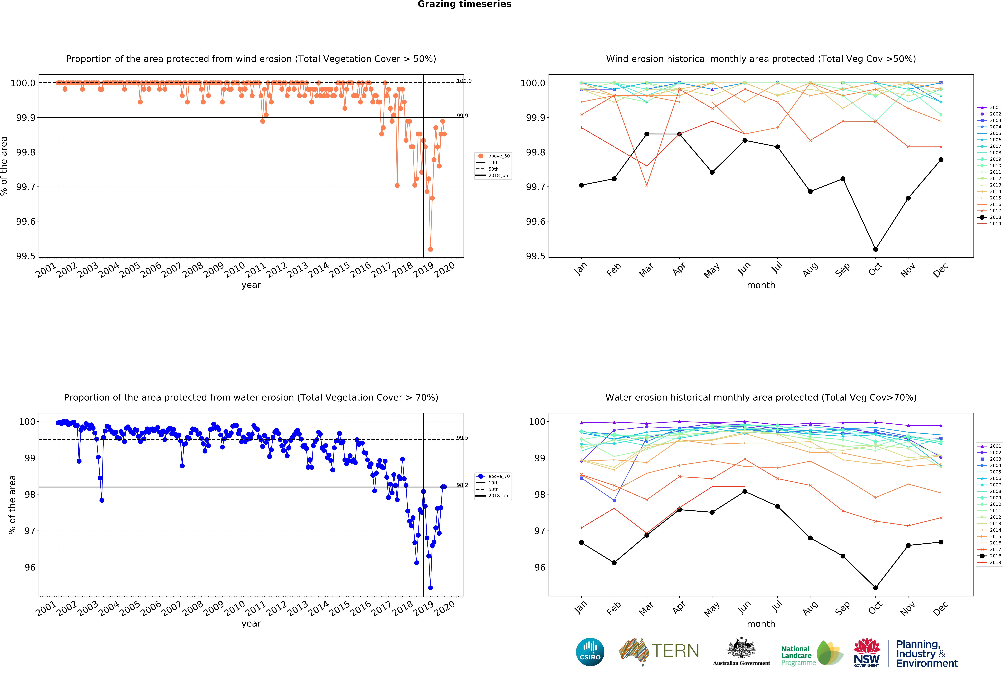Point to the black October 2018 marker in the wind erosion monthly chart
click(x=875, y=249)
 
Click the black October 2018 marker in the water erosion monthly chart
click(x=875, y=588)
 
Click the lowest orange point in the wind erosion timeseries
click(x=430, y=249)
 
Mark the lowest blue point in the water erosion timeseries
click(x=430, y=588)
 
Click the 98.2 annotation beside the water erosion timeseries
click(x=462, y=485)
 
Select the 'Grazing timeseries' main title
click(x=464, y=4)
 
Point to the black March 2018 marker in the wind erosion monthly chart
click(x=646, y=134)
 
